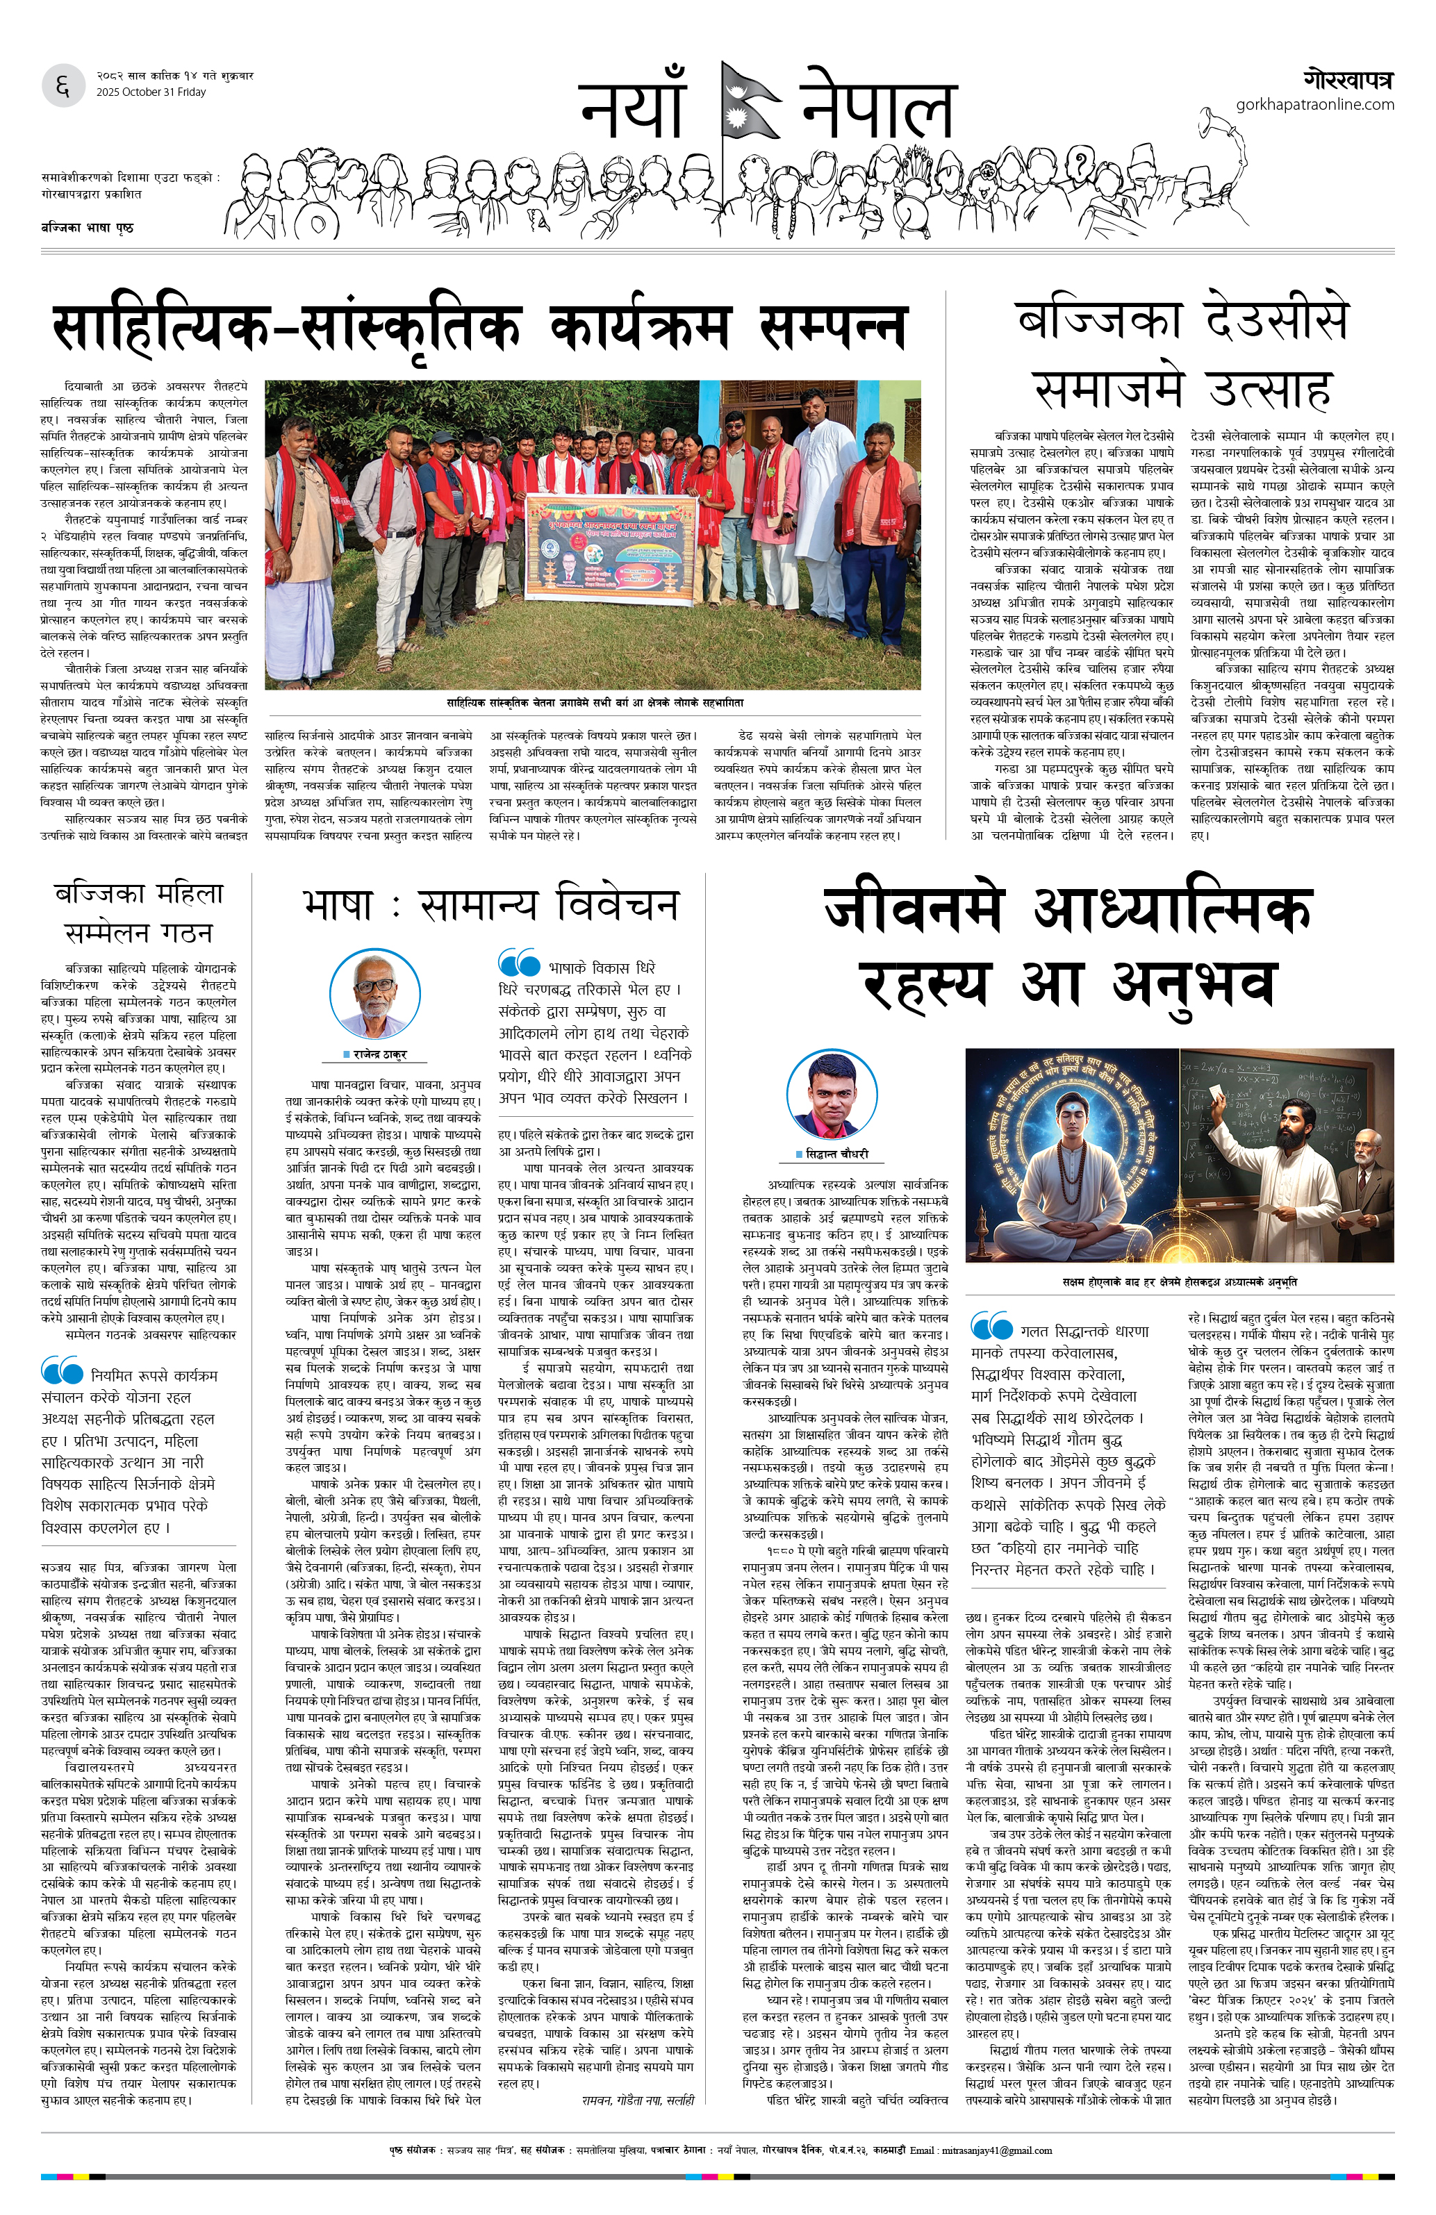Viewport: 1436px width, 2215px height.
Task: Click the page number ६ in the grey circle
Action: tap(63, 87)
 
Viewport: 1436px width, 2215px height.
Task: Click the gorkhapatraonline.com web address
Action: tap(1314, 104)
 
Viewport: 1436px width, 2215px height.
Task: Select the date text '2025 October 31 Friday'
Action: tap(151, 92)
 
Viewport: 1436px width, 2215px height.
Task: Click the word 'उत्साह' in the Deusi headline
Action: tap(1269, 389)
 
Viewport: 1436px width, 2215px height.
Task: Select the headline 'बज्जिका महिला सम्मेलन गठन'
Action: tap(139, 912)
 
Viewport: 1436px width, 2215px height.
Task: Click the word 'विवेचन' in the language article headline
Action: tap(618, 904)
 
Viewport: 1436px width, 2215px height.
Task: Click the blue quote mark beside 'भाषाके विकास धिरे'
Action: tap(518, 961)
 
